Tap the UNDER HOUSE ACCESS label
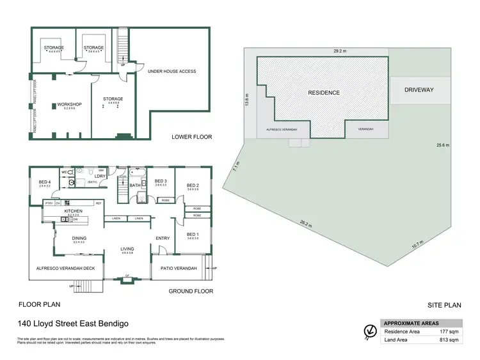pyautogui.click(x=172, y=71)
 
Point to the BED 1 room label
pyautogui.click(x=193, y=234)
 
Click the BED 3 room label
pyautogui.click(x=161, y=181)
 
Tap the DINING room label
pyautogui.click(x=79, y=238)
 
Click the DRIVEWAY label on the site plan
pyautogui.click(x=419, y=90)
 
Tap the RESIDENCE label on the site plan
pyautogui.click(x=324, y=93)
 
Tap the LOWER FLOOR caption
pyautogui.click(x=191, y=137)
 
